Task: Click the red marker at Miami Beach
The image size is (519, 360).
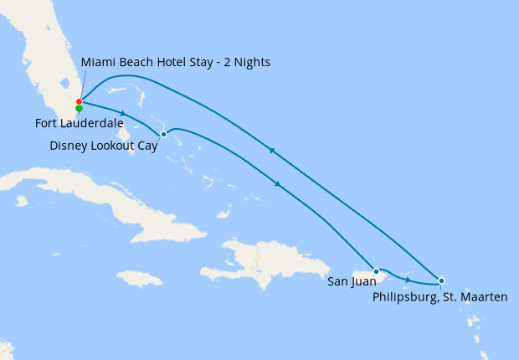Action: pos(79,102)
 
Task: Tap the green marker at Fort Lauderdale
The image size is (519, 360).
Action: pos(79,108)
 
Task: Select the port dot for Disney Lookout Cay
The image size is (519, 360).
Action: pos(163,134)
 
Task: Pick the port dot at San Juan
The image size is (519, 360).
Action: pos(377,271)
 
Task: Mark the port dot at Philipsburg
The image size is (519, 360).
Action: pos(441,280)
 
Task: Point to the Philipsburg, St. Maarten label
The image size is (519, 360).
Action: pos(440,296)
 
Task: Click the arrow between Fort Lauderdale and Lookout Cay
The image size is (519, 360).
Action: pos(123,113)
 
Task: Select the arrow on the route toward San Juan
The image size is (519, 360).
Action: pos(277,183)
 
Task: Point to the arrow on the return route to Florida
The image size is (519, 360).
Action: pos(270,151)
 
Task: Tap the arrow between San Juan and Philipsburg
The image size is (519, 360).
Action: pos(408,279)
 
